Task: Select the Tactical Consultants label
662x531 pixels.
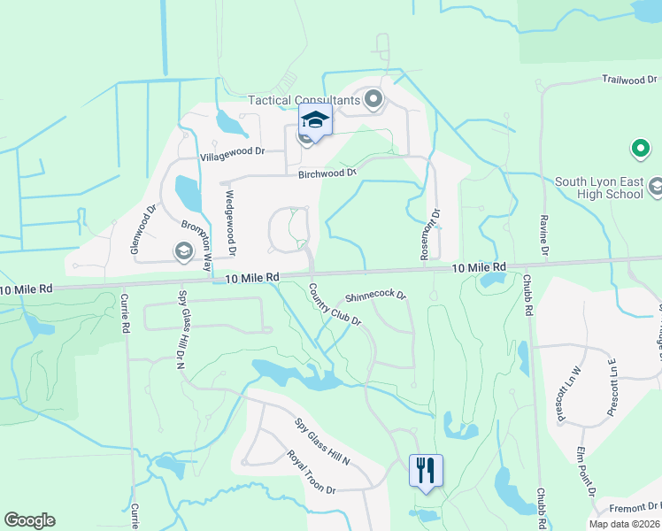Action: (x=304, y=100)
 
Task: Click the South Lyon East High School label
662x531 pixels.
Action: (x=599, y=189)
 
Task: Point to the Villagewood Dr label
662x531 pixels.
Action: (x=233, y=152)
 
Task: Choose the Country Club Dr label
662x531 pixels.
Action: (x=335, y=304)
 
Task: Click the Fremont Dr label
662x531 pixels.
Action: (x=635, y=507)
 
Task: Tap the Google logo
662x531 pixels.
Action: (x=29, y=520)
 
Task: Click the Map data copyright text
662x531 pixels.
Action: (x=624, y=524)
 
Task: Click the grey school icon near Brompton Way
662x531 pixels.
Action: (x=182, y=253)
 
